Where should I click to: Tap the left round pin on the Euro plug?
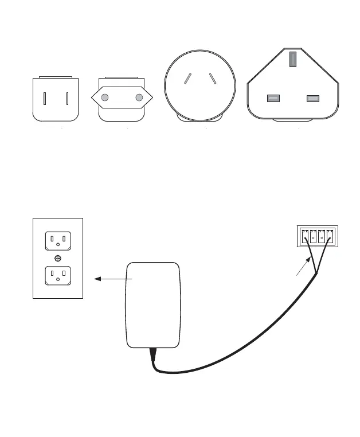(x=105, y=98)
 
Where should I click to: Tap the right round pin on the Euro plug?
(x=139, y=98)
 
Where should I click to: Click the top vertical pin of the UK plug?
(x=292, y=60)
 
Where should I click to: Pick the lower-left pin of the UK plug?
(x=273, y=98)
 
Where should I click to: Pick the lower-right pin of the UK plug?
(x=312, y=98)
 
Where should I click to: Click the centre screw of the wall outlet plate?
(x=58, y=258)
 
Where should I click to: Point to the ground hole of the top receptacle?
(x=58, y=247)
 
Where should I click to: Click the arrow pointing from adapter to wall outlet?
(x=112, y=279)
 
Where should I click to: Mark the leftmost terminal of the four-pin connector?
(x=304, y=235)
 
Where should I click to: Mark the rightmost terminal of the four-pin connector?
(x=329, y=235)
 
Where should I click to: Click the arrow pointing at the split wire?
(x=302, y=271)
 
